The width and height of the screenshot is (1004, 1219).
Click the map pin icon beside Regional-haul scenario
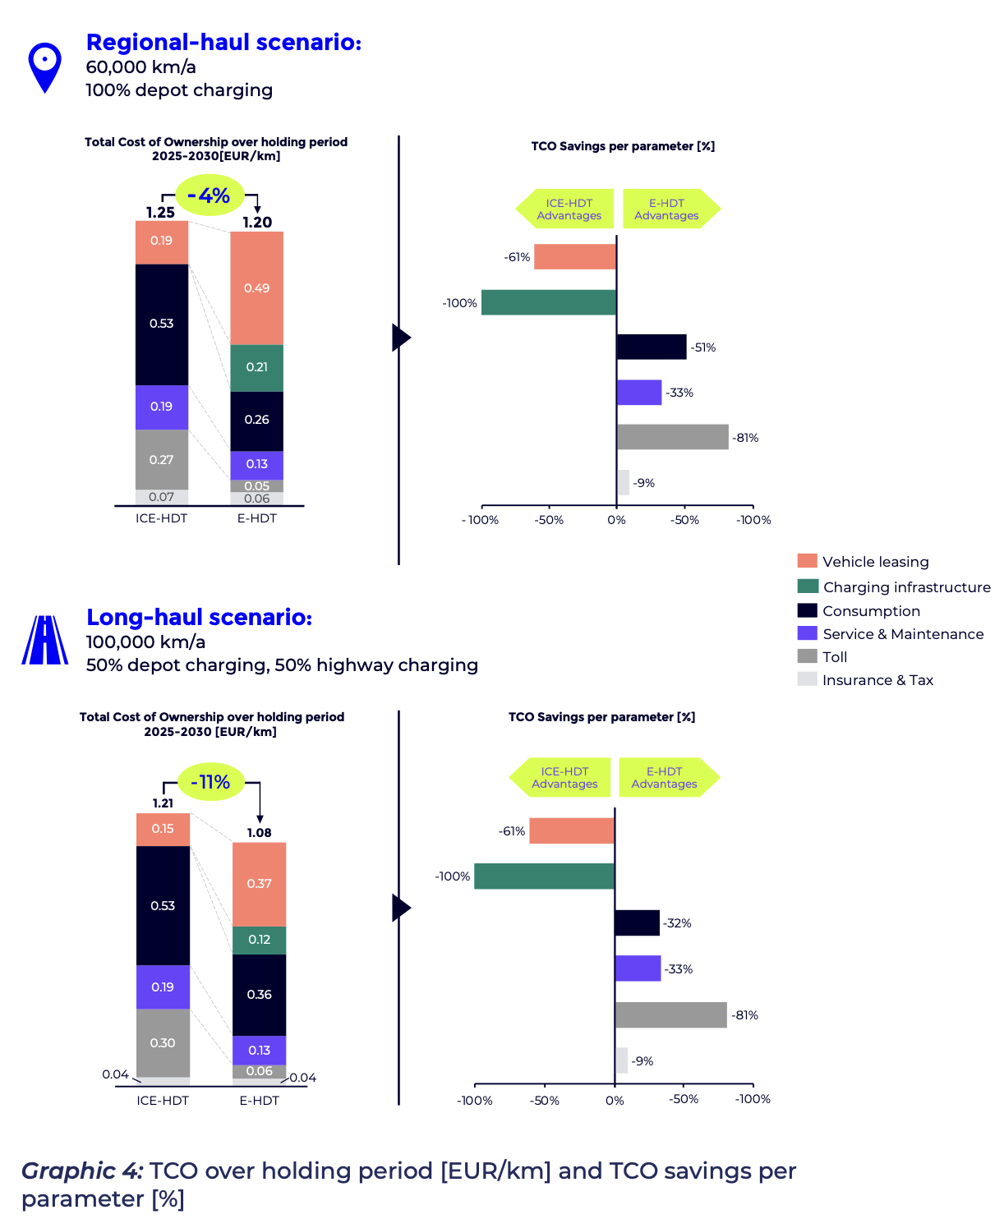tap(44, 67)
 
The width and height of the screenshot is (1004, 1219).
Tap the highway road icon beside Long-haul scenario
tap(45, 640)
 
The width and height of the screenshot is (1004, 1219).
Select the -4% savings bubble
tap(210, 195)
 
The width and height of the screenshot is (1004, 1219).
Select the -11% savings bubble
tap(210, 782)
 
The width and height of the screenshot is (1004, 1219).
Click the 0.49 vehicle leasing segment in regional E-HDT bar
tap(256, 288)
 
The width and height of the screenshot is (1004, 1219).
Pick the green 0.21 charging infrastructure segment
tap(256, 367)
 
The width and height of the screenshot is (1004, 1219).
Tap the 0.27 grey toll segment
tap(162, 460)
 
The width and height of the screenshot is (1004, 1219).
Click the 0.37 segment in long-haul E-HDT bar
tap(259, 884)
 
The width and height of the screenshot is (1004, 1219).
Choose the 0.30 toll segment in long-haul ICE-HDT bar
tap(163, 1042)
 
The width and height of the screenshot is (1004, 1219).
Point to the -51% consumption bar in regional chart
tap(651, 347)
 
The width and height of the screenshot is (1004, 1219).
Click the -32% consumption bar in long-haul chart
tap(637, 922)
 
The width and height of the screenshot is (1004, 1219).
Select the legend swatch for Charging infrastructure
tap(808, 586)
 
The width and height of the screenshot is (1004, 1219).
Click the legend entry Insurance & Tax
tap(877, 680)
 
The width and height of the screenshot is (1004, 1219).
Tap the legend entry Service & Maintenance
tap(902, 634)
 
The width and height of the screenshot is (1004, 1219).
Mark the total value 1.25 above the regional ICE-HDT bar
tap(160, 212)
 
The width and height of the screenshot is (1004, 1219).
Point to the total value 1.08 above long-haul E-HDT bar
tap(259, 833)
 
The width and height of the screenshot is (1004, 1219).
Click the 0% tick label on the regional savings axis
tap(616, 520)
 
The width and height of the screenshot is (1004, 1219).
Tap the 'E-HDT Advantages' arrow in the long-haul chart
tap(667, 777)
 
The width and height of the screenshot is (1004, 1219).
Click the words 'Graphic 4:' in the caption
tap(82, 1171)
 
